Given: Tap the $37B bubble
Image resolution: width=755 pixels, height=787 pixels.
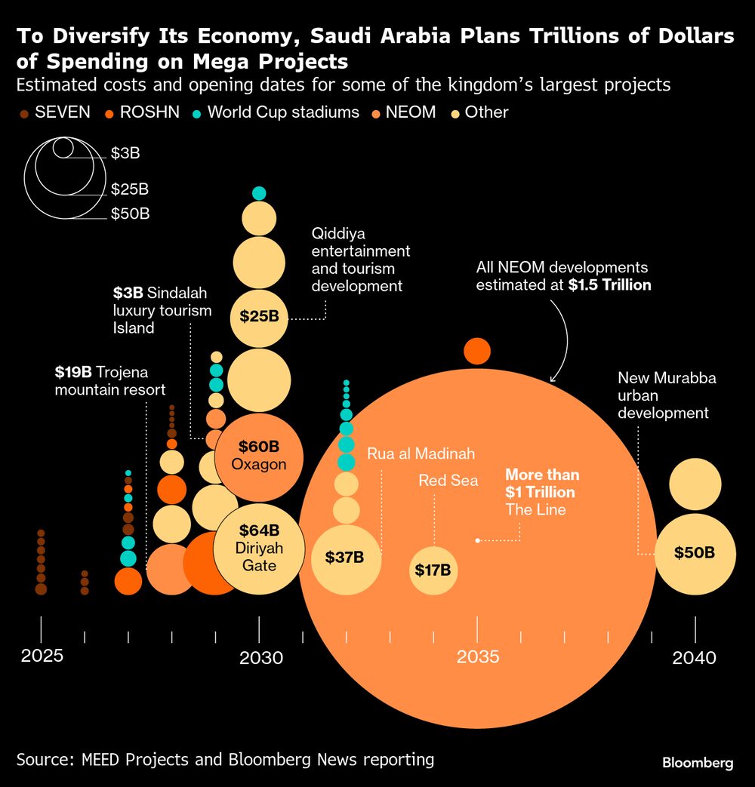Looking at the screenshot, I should click(x=345, y=558).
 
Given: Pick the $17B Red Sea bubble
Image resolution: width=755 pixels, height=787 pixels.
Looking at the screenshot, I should click(x=433, y=570).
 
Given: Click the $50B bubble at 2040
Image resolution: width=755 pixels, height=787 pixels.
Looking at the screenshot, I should click(x=695, y=553).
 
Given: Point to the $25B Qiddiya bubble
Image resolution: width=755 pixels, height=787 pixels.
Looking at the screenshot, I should click(x=259, y=317).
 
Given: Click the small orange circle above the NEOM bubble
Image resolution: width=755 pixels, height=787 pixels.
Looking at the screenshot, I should click(x=477, y=351).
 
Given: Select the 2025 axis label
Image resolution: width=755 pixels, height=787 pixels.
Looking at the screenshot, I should click(x=42, y=656).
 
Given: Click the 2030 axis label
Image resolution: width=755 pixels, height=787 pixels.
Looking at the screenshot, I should click(x=260, y=657).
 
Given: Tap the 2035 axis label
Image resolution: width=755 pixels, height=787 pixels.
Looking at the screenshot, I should click(x=478, y=656).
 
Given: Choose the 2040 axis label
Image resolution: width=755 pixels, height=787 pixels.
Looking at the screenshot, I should click(x=695, y=657).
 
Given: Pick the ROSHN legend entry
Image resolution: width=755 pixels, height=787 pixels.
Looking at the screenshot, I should click(x=143, y=112).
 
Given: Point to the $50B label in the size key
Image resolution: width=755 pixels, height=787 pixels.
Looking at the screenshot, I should click(x=130, y=214).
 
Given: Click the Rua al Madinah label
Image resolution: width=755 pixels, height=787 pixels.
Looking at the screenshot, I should click(x=421, y=453).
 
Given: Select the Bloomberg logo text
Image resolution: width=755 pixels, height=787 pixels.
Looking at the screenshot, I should click(x=697, y=763).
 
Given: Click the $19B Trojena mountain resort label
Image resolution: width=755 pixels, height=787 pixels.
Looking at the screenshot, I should click(x=109, y=380).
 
